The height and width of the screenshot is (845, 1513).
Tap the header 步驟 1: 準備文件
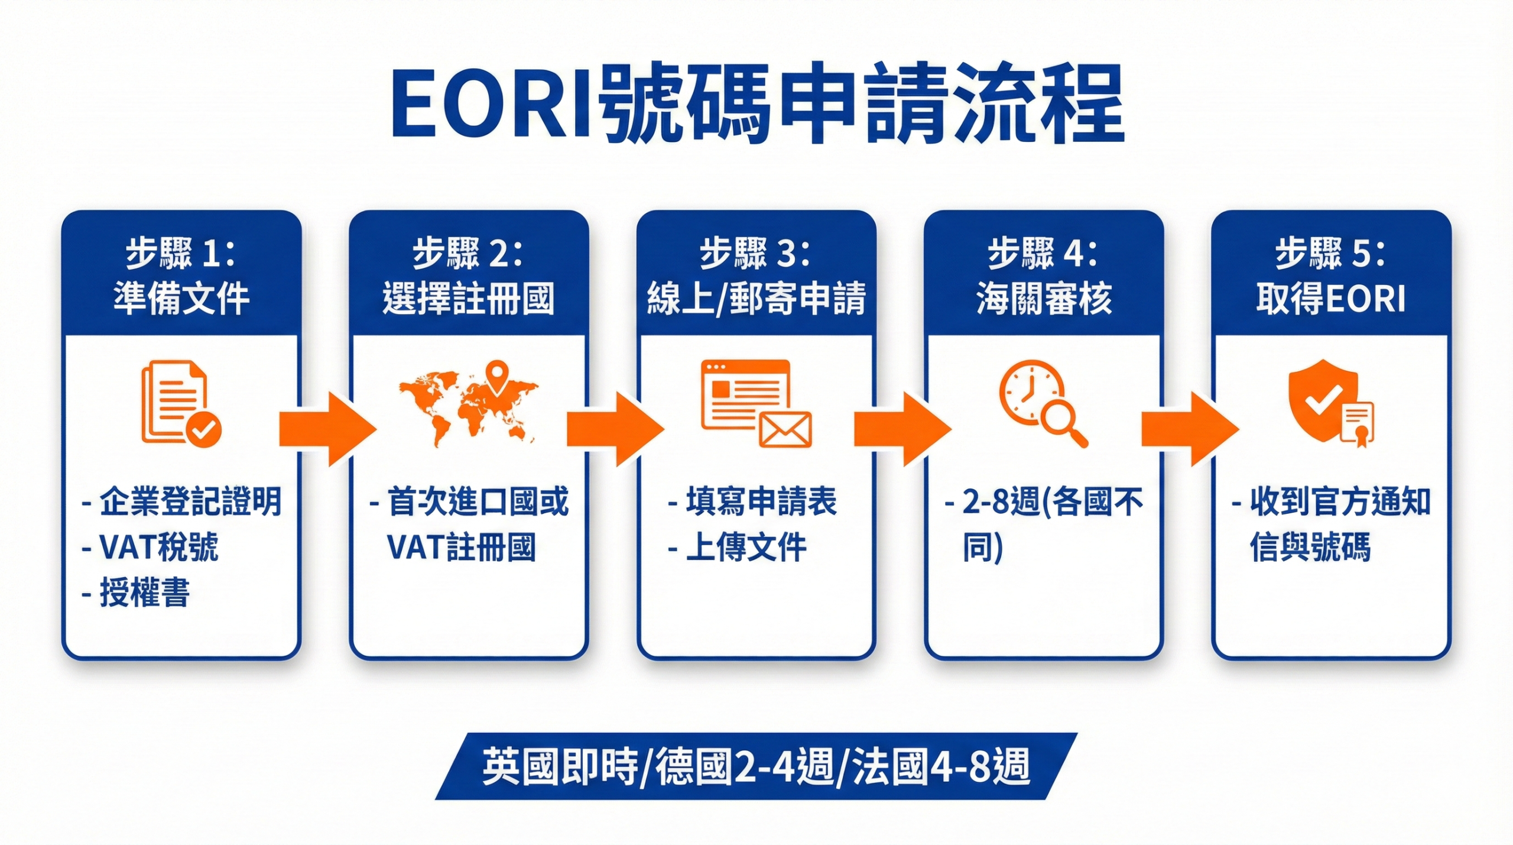click(181, 276)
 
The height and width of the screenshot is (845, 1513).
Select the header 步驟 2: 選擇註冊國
click(469, 276)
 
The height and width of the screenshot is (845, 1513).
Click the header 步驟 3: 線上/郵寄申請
click(756, 276)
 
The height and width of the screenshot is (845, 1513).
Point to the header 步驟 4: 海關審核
click(1044, 276)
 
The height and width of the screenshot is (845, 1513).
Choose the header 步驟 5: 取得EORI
click(1331, 276)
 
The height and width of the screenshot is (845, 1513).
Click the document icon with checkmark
click(180, 403)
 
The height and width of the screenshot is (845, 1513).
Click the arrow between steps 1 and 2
click(327, 429)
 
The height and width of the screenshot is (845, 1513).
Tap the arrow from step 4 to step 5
click(1189, 429)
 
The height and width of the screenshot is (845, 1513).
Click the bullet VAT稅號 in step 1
click(158, 547)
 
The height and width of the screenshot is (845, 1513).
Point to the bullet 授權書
click(144, 593)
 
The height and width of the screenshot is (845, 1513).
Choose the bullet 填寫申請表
click(761, 502)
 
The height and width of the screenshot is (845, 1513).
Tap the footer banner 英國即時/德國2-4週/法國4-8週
click(756, 766)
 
